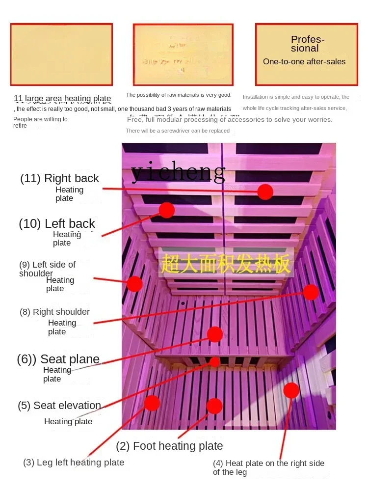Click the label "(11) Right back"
(x=59, y=178)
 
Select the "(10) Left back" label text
(x=57, y=224)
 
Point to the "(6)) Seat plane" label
(x=58, y=359)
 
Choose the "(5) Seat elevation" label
(x=59, y=406)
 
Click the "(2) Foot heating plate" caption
(x=169, y=446)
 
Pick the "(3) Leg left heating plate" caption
(x=74, y=462)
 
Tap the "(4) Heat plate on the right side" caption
(x=268, y=463)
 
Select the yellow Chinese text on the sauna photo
(x=226, y=265)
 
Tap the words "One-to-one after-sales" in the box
(x=304, y=62)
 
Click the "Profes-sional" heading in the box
(x=306, y=44)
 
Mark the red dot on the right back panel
(x=265, y=191)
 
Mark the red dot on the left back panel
(x=166, y=210)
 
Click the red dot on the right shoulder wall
(x=311, y=292)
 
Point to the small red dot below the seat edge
(x=215, y=362)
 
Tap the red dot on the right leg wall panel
(x=291, y=390)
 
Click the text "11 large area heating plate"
(x=62, y=99)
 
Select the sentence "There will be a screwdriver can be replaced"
(x=178, y=131)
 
